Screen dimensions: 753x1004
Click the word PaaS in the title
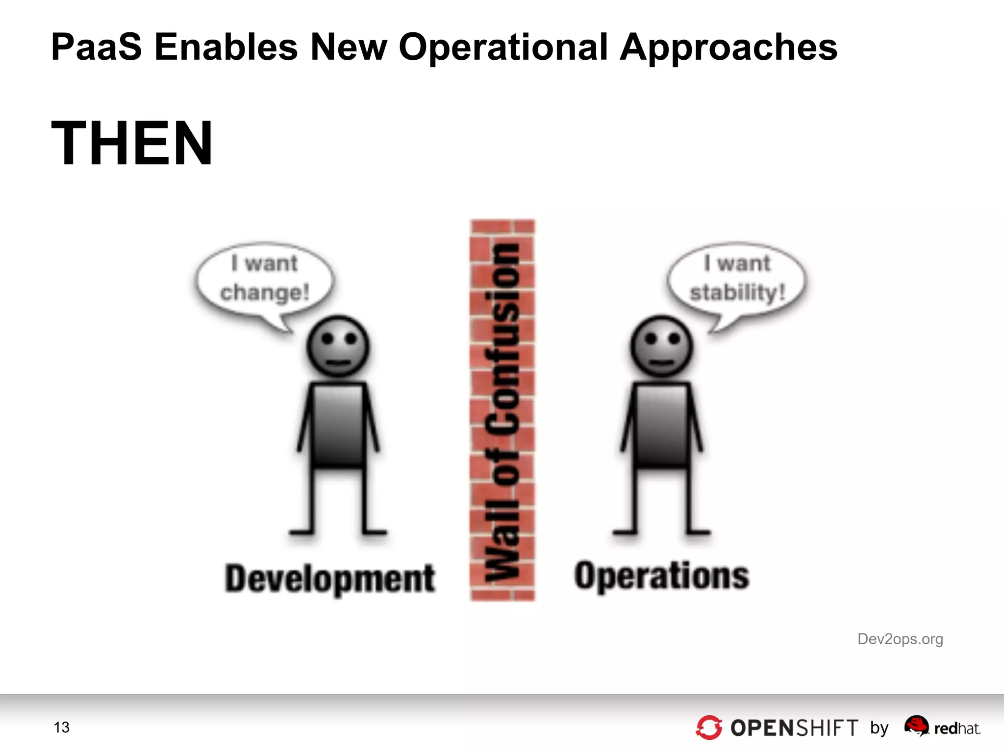pos(96,47)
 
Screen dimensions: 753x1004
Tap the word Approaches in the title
pos(728,48)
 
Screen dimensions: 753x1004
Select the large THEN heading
pos(132,143)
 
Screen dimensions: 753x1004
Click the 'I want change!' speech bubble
pos(265,279)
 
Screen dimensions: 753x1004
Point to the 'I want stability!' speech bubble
pos(737,279)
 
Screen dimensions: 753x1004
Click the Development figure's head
pos(338,346)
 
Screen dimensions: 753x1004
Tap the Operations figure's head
pos(661,346)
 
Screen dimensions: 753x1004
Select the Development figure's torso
pos(338,424)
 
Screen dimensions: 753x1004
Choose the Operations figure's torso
pos(661,424)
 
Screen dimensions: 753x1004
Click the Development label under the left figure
pos(330,579)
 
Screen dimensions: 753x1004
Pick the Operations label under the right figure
pos(662,576)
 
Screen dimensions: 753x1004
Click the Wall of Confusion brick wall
pos(502,411)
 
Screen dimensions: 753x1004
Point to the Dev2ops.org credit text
pos(900,639)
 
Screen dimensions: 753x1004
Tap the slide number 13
pos(62,728)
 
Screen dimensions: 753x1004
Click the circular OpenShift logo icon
pos(709,728)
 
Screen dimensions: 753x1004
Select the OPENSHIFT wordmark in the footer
pos(794,728)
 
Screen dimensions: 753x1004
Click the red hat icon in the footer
pos(916,725)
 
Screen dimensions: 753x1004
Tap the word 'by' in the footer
pos(879,728)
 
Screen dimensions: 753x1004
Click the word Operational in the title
pos(503,47)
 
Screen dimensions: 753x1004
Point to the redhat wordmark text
pos(957,729)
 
